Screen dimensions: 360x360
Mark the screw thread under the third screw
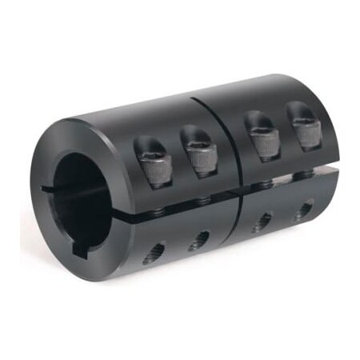(x=260, y=174)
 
